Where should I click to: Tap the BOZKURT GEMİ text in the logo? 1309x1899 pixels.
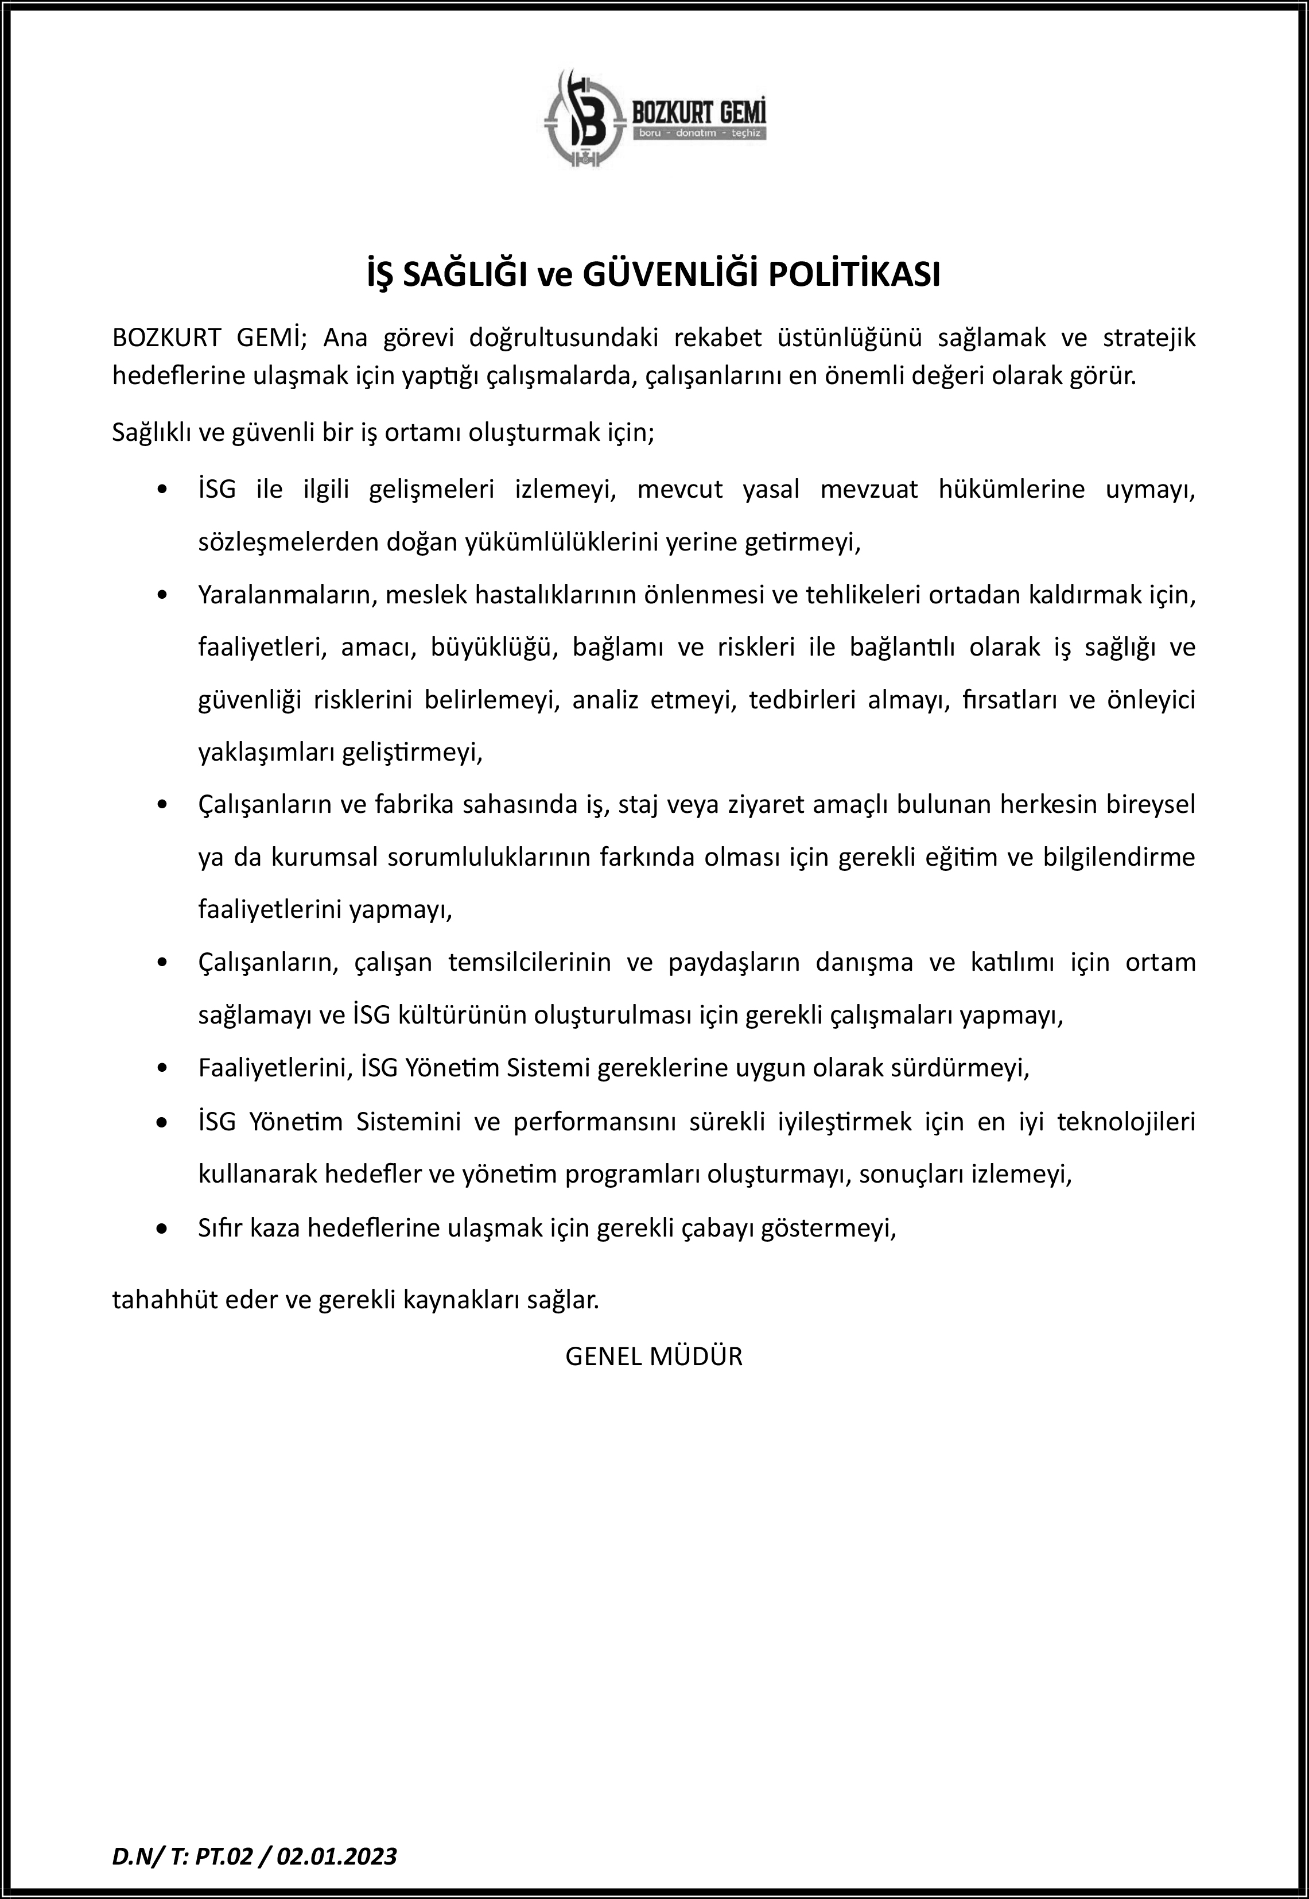(699, 110)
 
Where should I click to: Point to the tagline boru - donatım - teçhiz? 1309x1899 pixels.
(699, 133)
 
